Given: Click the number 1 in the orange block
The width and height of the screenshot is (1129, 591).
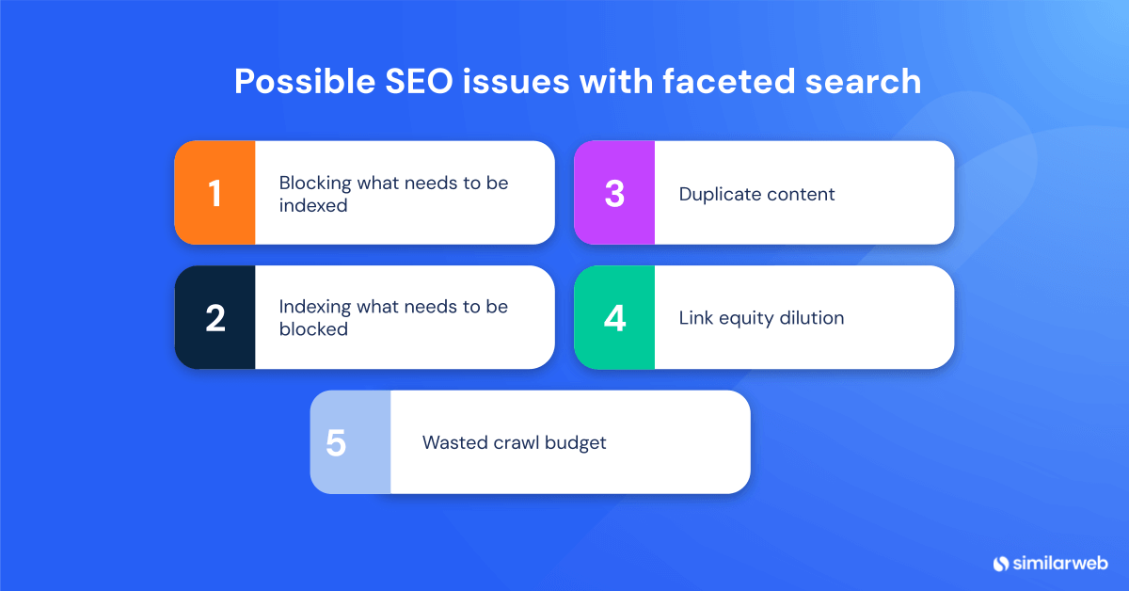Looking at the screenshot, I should tap(215, 193).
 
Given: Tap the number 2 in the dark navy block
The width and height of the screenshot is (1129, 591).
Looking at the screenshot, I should tap(215, 318).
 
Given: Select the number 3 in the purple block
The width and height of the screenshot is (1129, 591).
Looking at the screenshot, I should tap(614, 193).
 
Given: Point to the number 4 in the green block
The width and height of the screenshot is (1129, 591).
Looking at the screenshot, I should tap(614, 318).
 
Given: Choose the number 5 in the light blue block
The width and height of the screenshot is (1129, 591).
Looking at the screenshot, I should tap(336, 442).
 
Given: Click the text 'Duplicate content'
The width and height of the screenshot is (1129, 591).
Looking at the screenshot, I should tap(756, 195).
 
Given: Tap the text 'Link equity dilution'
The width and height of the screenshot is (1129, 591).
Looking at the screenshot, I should tap(761, 318).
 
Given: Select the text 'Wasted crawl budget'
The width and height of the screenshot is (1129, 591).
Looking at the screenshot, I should tap(514, 442).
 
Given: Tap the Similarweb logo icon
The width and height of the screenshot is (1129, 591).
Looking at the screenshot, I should tap(1000, 563).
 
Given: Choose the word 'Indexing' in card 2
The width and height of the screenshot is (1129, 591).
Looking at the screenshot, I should tap(312, 308).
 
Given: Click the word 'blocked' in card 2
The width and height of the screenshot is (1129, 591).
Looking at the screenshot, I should tap(313, 329).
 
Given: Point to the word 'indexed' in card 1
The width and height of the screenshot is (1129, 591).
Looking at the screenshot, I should tap(313, 205).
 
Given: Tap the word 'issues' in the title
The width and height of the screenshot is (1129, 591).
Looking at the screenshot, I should tap(513, 82).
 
